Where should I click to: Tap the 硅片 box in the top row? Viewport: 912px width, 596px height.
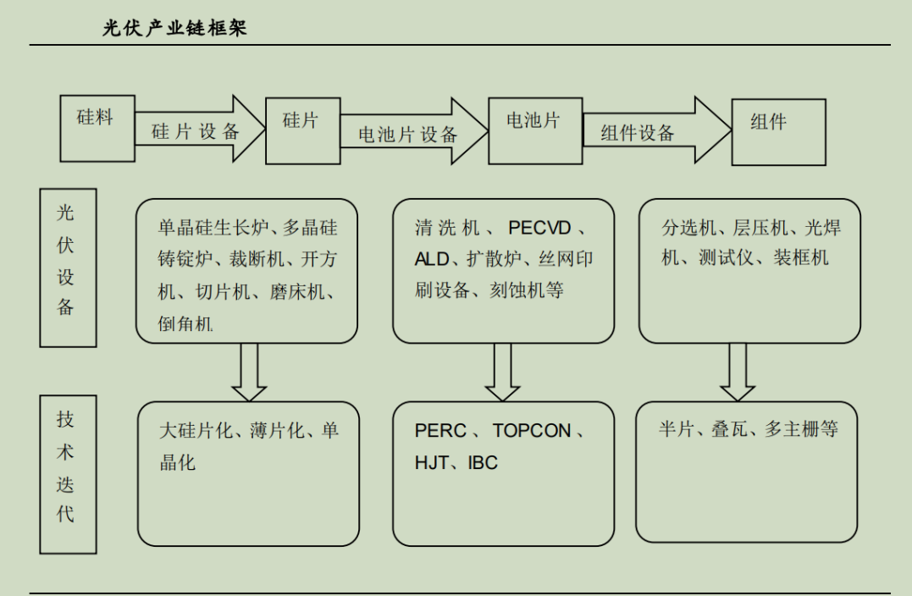click(x=302, y=130)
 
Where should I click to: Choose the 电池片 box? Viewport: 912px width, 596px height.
click(x=534, y=130)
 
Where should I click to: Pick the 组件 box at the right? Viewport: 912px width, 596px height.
click(x=778, y=131)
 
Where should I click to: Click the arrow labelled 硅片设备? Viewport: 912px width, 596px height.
click(x=198, y=130)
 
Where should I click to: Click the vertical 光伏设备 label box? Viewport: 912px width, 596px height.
click(x=68, y=268)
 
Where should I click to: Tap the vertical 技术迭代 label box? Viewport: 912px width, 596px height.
click(x=68, y=475)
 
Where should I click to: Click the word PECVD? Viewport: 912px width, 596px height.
click(x=540, y=228)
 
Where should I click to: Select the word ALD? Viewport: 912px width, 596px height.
click(x=432, y=259)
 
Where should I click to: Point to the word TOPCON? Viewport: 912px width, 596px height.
click(x=532, y=430)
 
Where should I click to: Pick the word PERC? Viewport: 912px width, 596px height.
click(x=440, y=430)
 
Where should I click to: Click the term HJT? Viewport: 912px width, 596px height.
click(x=432, y=462)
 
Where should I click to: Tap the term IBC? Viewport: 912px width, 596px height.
click(x=483, y=462)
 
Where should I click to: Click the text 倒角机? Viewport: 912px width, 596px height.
click(x=185, y=323)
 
